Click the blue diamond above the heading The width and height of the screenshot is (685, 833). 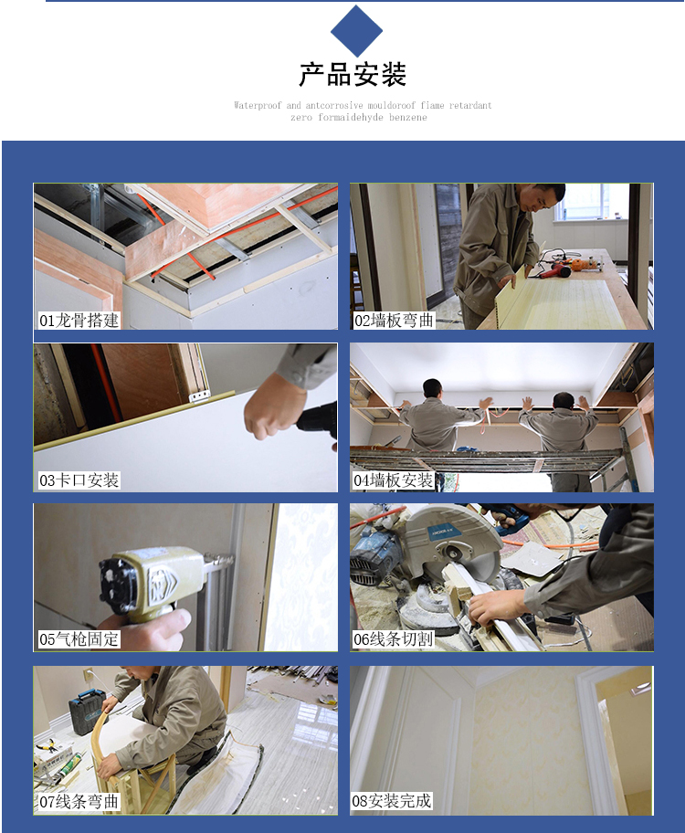(x=356, y=31)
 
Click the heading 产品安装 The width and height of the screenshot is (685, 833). (x=353, y=74)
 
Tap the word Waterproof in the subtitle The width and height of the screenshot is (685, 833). (x=258, y=105)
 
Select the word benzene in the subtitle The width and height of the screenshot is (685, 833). (x=408, y=118)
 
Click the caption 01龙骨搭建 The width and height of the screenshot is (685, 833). (x=79, y=321)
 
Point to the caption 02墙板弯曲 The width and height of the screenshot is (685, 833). (x=394, y=321)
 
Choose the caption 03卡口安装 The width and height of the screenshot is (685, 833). (x=79, y=480)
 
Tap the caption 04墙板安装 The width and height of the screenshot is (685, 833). (x=394, y=480)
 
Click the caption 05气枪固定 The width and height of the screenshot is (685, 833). (x=79, y=639)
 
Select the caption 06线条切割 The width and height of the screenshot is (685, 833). (x=394, y=639)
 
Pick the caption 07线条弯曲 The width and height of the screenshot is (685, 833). (x=79, y=801)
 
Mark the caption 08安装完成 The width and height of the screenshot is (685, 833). (x=392, y=801)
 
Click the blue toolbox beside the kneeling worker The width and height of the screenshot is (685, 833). (x=87, y=711)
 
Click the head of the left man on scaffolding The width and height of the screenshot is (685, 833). (x=433, y=389)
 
